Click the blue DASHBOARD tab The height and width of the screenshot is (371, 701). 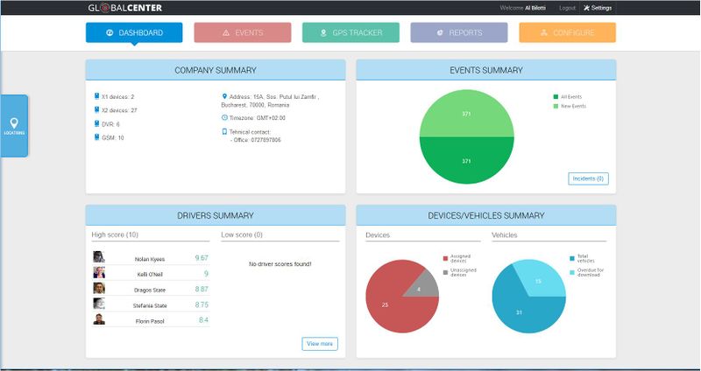coord(134,32)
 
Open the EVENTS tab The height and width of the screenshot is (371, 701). coord(242,32)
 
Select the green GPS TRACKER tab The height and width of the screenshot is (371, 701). coord(350,32)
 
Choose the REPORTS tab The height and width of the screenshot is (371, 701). coord(458,32)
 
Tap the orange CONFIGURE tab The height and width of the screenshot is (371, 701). coord(567,32)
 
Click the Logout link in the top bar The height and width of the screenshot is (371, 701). coord(567,8)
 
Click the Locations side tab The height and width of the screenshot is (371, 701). coord(14,126)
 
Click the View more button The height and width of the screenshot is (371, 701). coord(319,344)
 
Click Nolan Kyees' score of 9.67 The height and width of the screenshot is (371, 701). coord(201,258)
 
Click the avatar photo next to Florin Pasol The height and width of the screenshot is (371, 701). coord(99,319)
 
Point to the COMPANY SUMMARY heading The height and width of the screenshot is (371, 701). coord(215,69)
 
